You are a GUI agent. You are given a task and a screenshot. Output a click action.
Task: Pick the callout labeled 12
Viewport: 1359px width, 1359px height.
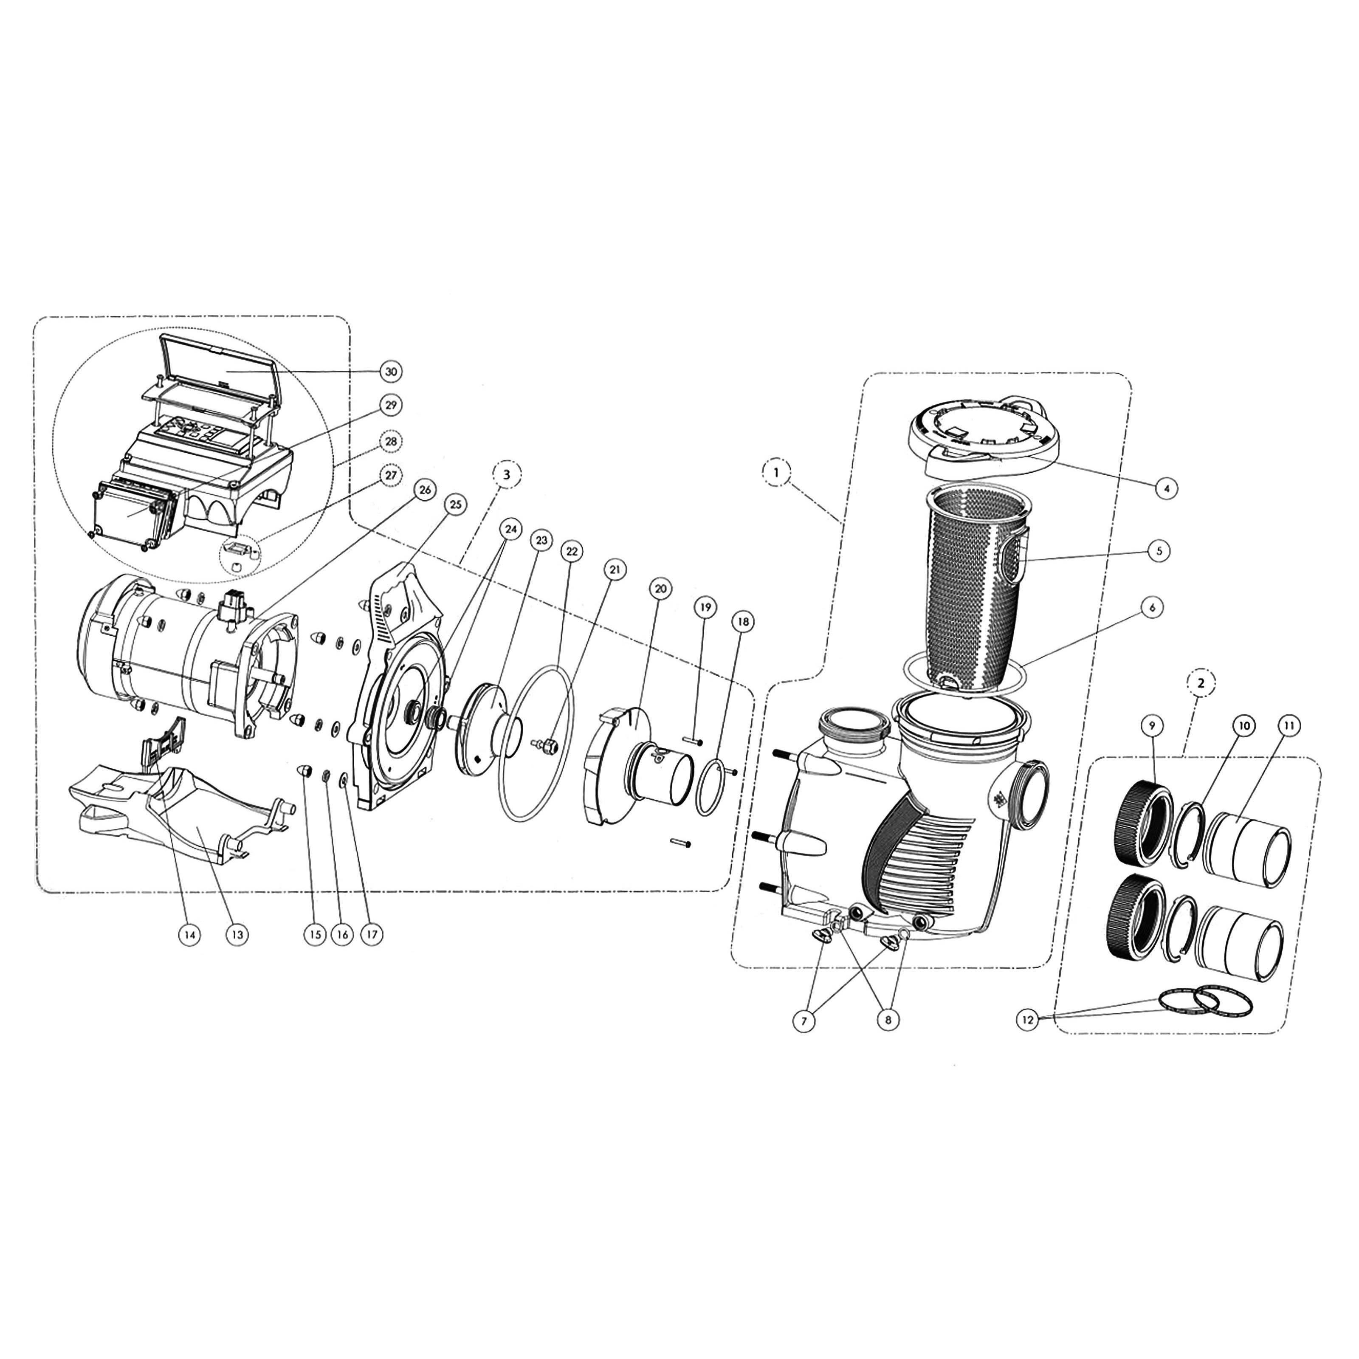1029,1019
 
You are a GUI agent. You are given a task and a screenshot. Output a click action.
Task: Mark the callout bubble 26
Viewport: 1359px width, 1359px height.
424,490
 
